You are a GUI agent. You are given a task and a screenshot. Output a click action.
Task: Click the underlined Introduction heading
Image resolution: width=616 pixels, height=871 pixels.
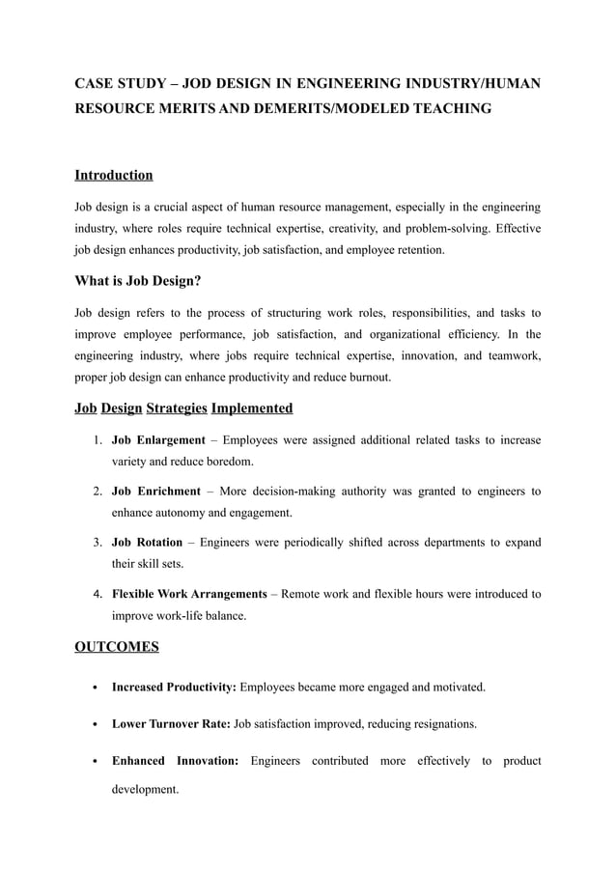click(114, 175)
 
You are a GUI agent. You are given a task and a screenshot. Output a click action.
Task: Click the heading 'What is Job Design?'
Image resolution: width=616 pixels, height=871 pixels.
click(138, 281)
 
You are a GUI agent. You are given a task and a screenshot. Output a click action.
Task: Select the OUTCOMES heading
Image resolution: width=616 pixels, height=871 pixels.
click(117, 647)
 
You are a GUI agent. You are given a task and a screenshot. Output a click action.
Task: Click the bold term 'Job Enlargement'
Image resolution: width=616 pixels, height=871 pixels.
click(158, 440)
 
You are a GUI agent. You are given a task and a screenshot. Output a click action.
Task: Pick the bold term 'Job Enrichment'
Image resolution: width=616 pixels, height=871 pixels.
click(156, 492)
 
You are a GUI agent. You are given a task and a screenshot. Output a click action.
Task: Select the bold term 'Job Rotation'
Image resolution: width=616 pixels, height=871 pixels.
click(148, 543)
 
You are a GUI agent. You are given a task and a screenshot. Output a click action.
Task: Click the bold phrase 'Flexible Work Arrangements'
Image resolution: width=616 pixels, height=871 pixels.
click(189, 593)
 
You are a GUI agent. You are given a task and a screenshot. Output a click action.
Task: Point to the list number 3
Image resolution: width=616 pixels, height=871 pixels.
click(98, 543)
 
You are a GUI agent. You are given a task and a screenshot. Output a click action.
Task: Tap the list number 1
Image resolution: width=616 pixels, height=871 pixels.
click(98, 440)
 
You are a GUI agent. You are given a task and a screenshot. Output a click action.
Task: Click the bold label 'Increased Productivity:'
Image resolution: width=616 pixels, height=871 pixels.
click(175, 688)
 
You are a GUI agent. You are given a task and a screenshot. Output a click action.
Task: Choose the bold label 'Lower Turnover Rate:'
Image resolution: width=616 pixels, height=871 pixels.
click(171, 723)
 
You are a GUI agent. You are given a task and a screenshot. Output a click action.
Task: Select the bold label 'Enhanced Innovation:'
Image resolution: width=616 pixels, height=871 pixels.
click(176, 761)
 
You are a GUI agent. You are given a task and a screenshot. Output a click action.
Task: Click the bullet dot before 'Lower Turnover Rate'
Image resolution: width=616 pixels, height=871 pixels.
click(91, 724)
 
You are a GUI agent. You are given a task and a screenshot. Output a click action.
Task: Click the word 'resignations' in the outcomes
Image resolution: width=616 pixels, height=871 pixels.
click(442, 723)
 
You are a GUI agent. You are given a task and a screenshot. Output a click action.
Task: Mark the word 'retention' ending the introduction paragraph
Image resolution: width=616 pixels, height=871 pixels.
click(416, 249)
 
